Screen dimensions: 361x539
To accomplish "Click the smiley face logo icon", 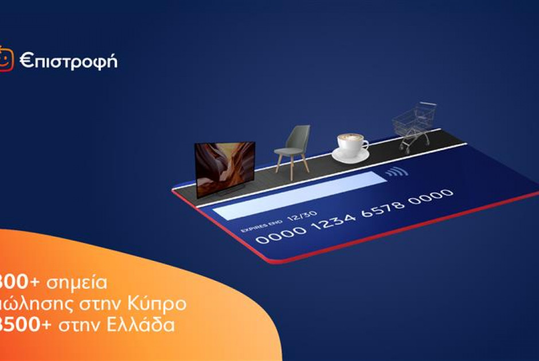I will click(6, 58).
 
